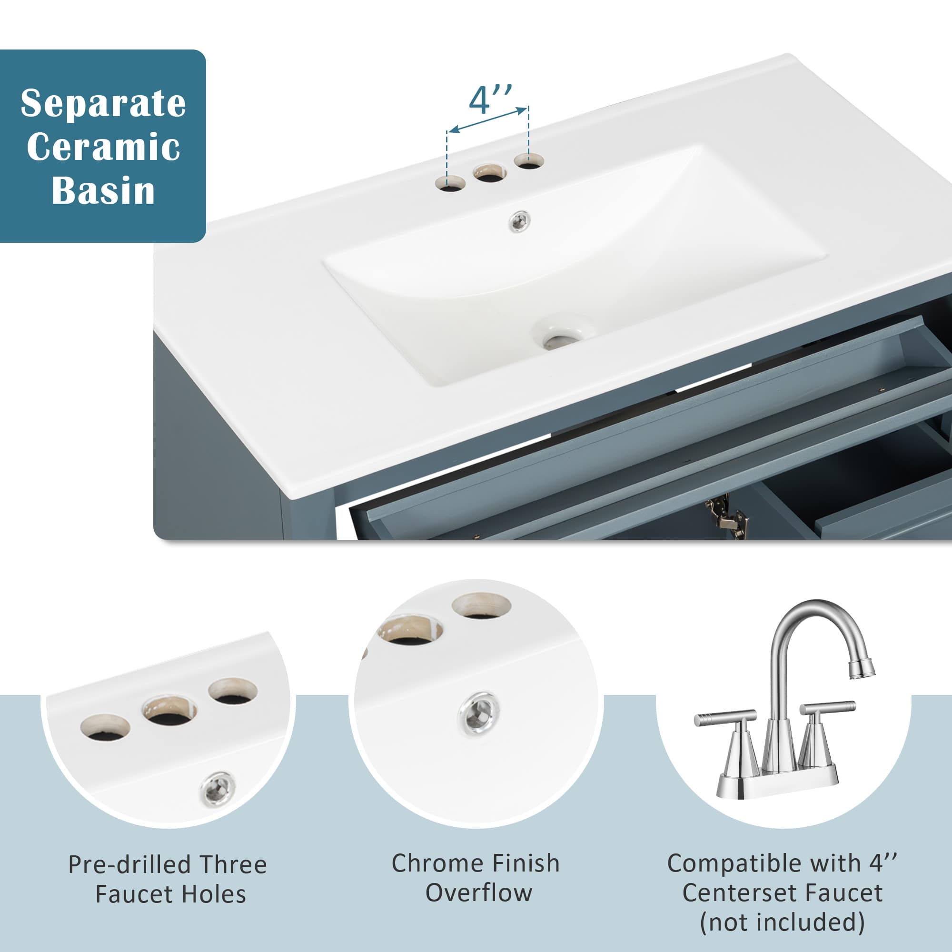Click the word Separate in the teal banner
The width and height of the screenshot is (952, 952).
(x=103, y=104)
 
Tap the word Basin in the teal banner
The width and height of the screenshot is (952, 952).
(x=103, y=191)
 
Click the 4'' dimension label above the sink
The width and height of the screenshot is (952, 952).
(x=490, y=100)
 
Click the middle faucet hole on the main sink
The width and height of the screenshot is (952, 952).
(x=489, y=173)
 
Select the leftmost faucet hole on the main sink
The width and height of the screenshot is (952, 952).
(x=450, y=184)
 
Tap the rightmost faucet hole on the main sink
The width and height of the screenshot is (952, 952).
(x=529, y=161)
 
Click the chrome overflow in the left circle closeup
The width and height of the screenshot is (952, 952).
(x=218, y=788)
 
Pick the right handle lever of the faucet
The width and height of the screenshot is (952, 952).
(x=827, y=708)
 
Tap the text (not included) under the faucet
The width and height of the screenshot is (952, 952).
(x=782, y=922)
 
